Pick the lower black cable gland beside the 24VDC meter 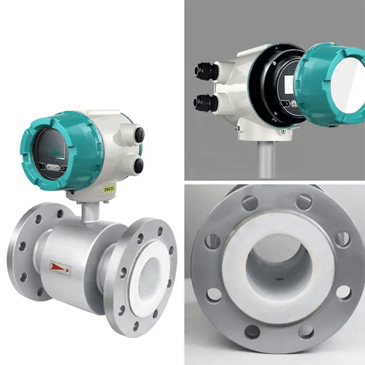coord(137,166)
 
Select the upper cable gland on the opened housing coord(202,72)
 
